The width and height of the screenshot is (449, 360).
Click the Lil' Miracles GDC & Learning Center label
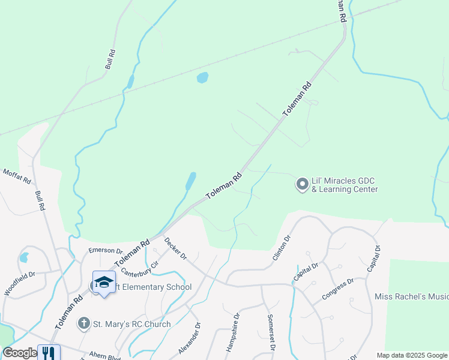click(x=345, y=185)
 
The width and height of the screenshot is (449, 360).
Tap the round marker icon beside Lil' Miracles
click(x=302, y=184)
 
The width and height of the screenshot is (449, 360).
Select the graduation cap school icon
click(x=104, y=282)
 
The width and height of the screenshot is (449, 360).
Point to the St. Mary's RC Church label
click(x=131, y=324)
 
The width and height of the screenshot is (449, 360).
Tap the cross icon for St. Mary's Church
click(x=84, y=324)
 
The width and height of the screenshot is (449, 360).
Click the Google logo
click(x=20, y=353)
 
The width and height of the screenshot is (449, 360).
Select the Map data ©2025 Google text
click(x=411, y=355)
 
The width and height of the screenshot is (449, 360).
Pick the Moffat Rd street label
click(x=16, y=176)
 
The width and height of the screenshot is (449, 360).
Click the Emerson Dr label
click(x=105, y=250)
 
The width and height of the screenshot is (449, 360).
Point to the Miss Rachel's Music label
click(x=411, y=296)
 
